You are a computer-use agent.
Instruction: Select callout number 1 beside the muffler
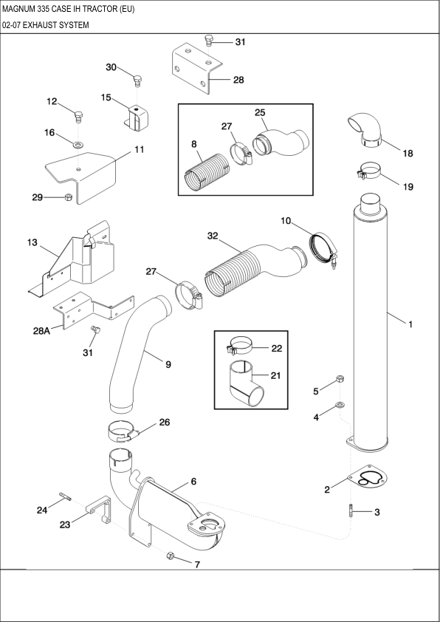410,323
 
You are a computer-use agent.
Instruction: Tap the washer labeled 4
339,405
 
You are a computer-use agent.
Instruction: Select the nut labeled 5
339,380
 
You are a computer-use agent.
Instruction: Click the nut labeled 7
171,556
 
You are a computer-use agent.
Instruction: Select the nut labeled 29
68,196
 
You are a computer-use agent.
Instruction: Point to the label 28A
41,332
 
